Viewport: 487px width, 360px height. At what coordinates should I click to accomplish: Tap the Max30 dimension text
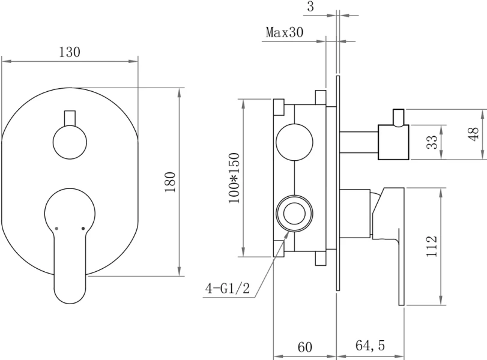click(x=284, y=32)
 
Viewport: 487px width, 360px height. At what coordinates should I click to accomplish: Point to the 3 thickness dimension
click(x=310, y=7)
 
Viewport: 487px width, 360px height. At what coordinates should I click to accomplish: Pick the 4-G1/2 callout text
click(x=228, y=289)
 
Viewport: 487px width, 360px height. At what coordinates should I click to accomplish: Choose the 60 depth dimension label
click(x=305, y=347)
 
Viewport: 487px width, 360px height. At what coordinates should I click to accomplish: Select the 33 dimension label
click(x=431, y=143)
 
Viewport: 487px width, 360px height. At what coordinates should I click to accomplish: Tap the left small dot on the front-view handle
click(x=56, y=229)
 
